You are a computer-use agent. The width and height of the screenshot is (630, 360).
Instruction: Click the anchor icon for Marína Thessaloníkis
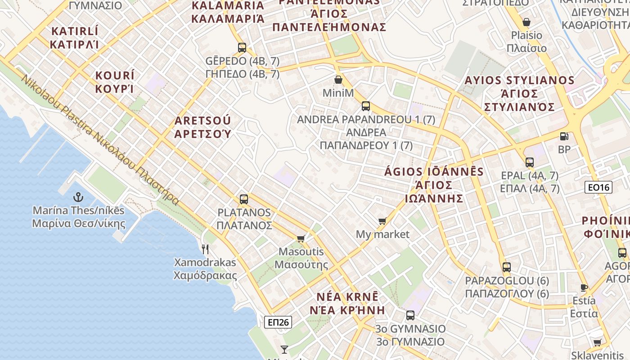pyautogui.click(x=78, y=197)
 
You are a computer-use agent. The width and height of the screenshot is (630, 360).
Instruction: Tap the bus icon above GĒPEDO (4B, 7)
pyautogui.click(x=242, y=47)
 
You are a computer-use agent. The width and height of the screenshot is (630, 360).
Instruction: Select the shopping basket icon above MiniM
pyautogui.click(x=338, y=80)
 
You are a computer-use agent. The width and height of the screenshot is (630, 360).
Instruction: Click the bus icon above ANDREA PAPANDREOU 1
pyautogui.click(x=366, y=106)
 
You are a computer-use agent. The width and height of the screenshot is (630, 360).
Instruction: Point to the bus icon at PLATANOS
pyautogui.click(x=244, y=199)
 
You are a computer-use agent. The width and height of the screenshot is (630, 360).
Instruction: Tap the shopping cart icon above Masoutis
pyautogui.click(x=301, y=238)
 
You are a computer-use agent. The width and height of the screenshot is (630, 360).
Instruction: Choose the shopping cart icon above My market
pyautogui.click(x=382, y=221)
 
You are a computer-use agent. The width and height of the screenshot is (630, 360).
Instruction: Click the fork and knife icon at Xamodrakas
pyautogui.click(x=205, y=249)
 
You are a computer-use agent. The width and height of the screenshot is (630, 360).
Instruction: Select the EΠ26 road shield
pyautogui.click(x=278, y=322)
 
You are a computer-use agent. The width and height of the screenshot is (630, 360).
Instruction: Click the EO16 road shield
pyautogui.click(x=598, y=187)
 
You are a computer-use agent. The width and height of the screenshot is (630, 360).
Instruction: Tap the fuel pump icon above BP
pyautogui.click(x=563, y=136)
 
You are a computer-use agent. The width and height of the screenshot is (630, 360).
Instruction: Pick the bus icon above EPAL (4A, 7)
pyautogui.click(x=530, y=162)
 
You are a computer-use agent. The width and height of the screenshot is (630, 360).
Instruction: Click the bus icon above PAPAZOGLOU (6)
pyautogui.click(x=507, y=267)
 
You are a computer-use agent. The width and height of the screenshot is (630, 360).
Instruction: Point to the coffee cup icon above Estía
pyautogui.click(x=584, y=288)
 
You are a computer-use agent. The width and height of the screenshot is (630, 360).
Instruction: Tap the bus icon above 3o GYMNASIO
pyautogui.click(x=410, y=315)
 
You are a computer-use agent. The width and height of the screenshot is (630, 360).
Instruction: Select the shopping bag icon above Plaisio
pyautogui.click(x=526, y=22)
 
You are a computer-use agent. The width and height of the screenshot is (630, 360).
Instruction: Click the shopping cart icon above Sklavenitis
pyautogui.click(x=598, y=342)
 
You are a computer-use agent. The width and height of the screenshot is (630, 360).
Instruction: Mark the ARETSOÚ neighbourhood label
pyautogui.click(x=202, y=127)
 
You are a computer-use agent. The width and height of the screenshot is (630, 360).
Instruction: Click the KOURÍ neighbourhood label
pyautogui.click(x=115, y=81)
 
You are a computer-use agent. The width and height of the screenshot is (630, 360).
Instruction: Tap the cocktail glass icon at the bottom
pyautogui.click(x=284, y=349)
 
